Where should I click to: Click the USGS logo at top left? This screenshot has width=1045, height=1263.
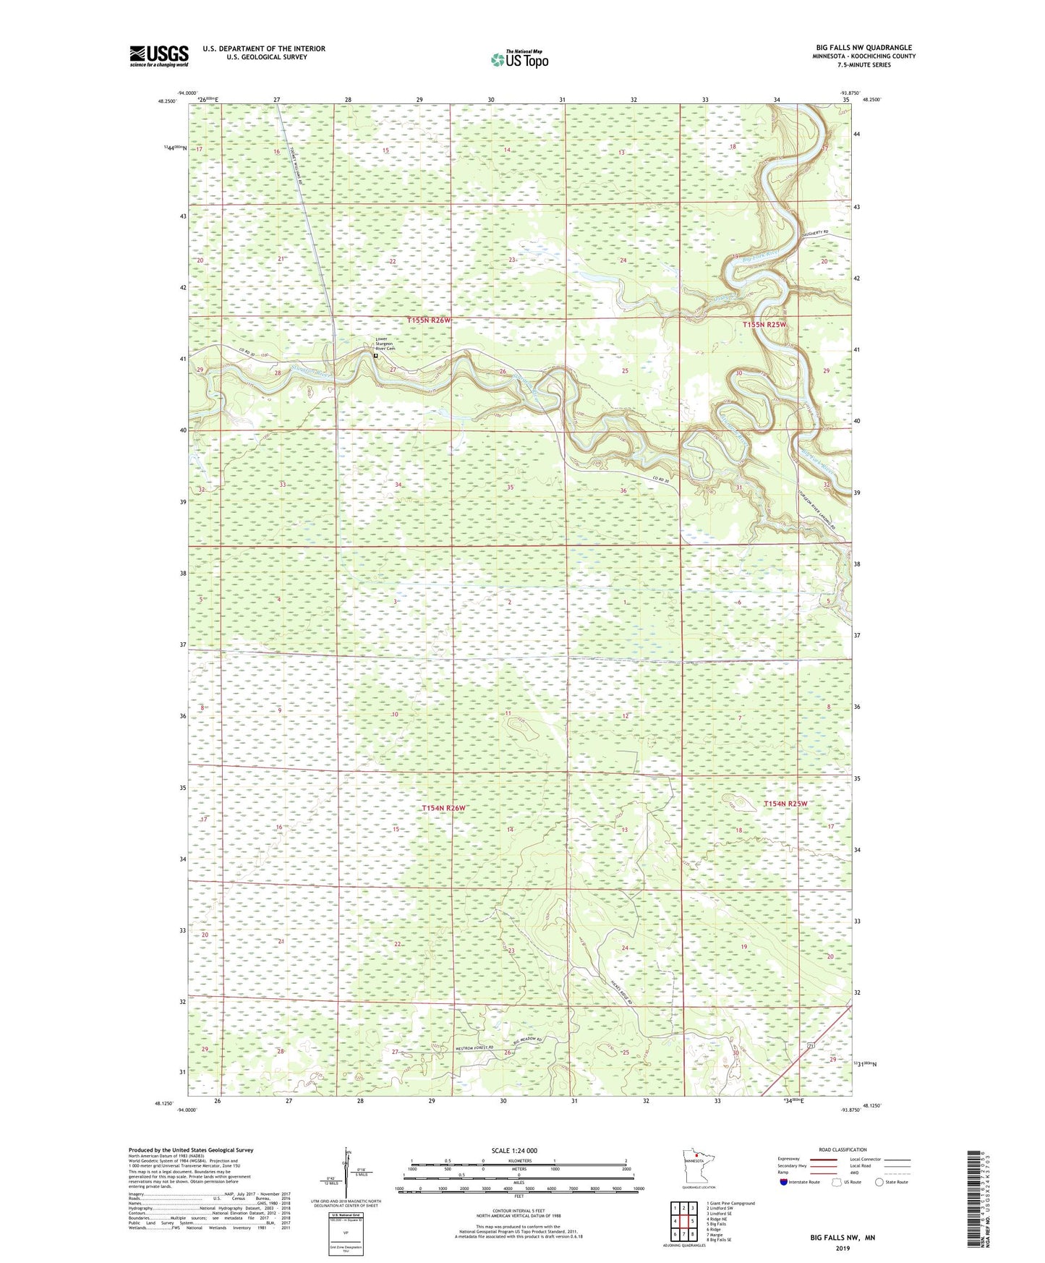158,56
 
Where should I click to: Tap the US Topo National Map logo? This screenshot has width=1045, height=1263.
519,60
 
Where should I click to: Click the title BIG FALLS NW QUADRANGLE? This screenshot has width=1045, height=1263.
863,48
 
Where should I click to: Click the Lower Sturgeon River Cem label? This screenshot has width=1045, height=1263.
385,344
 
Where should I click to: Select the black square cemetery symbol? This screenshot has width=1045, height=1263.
375,356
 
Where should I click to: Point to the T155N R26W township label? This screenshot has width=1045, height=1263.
429,320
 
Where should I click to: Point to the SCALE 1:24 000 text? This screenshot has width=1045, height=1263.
513,1150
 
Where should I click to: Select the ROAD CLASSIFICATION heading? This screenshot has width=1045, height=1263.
843,1149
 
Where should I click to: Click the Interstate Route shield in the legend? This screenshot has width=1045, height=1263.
783,1182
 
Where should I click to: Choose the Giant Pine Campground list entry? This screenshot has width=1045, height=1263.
730,1203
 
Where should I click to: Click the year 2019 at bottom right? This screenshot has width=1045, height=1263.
843,1248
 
